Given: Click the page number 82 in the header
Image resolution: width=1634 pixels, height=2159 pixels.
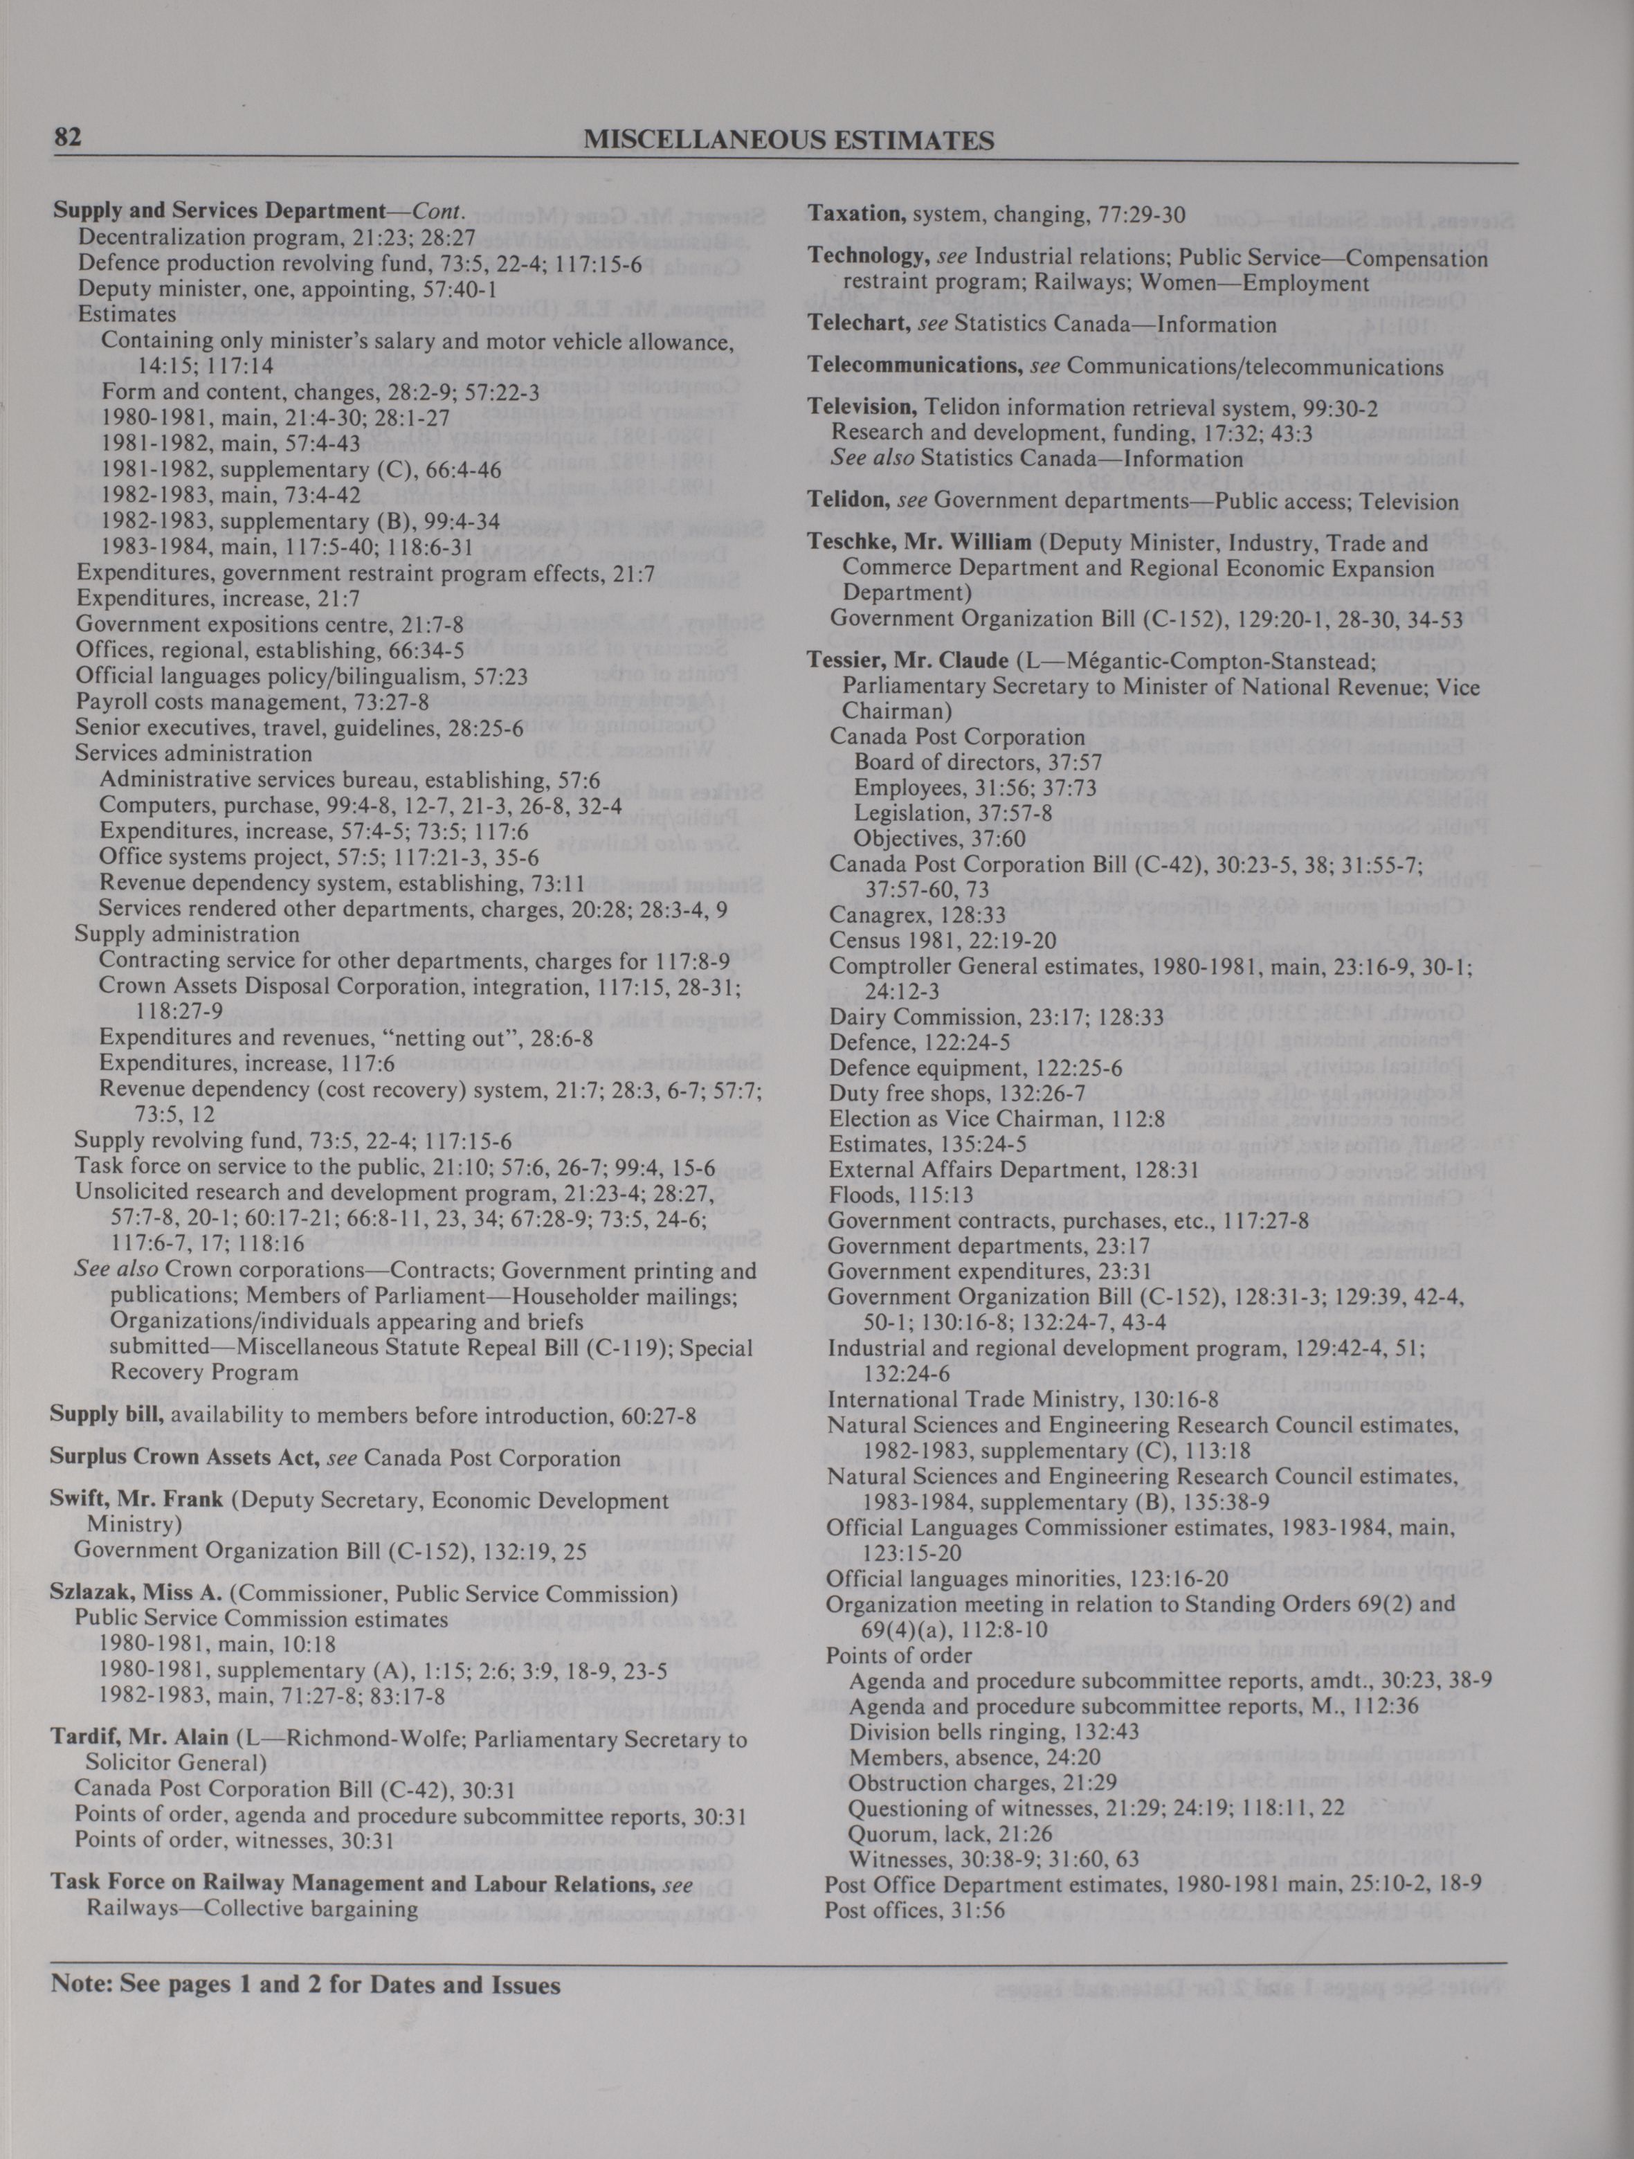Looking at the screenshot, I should coord(66,138).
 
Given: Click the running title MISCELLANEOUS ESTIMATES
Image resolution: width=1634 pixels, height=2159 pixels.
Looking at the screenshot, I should coord(788,141).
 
